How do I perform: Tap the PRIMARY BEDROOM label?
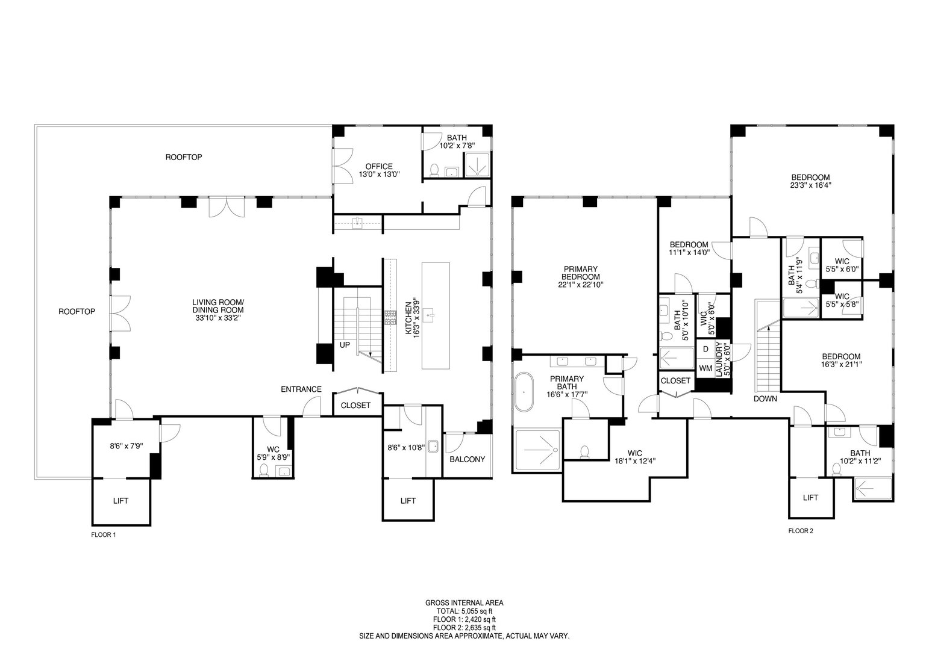(581, 273)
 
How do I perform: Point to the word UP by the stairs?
(345, 345)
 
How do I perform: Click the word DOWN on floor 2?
(765, 398)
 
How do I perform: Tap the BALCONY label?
(467, 459)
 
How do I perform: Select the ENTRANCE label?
(301, 389)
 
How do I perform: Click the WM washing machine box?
(705, 368)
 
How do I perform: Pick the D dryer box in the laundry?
(705, 349)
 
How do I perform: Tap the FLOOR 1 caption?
(103, 534)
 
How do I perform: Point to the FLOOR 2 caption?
(801, 531)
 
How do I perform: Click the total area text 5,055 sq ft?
(464, 610)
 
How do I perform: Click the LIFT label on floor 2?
(810, 497)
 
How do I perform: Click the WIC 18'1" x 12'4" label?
(634, 456)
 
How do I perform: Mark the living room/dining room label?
(217, 306)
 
